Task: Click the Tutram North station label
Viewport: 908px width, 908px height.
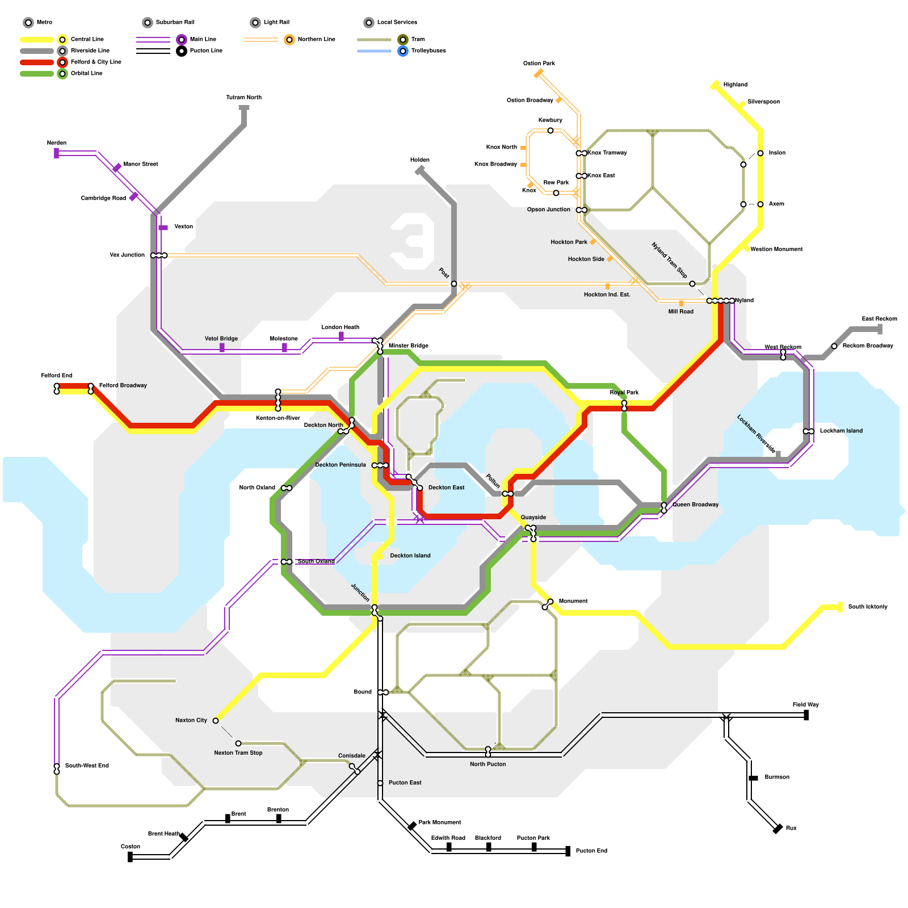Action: [243, 98]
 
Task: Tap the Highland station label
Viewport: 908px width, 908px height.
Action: [735, 85]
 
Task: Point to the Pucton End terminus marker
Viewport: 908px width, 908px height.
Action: [568, 851]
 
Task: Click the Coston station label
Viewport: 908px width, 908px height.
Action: [130, 847]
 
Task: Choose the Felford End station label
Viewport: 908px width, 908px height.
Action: [57, 376]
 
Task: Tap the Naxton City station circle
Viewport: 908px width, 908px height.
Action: [216, 721]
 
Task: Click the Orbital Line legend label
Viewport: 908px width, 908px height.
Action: [86, 74]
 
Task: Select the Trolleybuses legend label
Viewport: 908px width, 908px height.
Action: [428, 51]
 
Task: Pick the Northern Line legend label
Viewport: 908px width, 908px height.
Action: [316, 40]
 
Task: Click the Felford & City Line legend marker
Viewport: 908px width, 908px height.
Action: [62, 62]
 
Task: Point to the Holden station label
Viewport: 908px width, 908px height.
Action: [420, 160]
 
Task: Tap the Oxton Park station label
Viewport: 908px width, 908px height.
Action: [539, 64]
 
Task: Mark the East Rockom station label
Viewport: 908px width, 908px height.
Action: [879, 319]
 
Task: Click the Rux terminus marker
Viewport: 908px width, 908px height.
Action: [778, 829]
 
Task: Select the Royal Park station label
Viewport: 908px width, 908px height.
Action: [624, 393]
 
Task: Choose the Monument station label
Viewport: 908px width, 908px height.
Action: [573, 602]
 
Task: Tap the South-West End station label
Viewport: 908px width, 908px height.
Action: [87, 766]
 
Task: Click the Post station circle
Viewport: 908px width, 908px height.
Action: [454, 284]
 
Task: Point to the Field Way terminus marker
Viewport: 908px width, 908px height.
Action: [806, 716]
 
